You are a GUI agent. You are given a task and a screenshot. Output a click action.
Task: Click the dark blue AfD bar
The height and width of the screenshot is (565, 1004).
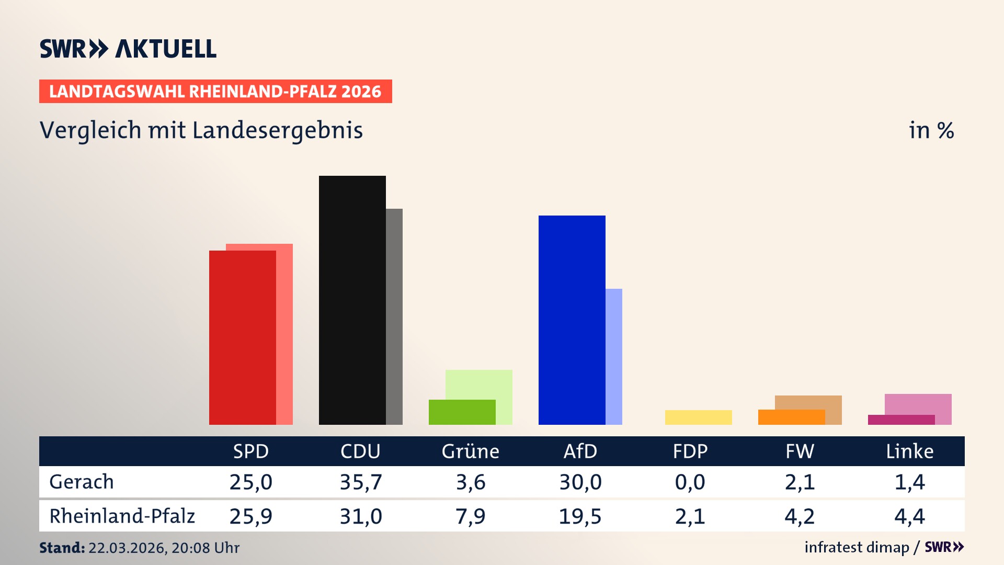click(572, 320)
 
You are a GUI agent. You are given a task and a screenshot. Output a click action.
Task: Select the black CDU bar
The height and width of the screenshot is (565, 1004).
click(352, 300)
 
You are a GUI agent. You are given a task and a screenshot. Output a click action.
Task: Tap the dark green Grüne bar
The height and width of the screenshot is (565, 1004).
click(462, 412)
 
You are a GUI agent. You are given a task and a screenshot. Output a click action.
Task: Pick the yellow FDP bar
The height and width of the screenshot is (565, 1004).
click(698, 417)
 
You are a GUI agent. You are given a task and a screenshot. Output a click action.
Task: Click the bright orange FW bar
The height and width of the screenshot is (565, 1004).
click(791, 417)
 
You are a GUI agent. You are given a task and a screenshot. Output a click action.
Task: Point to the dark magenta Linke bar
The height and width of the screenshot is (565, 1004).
click(901, 420)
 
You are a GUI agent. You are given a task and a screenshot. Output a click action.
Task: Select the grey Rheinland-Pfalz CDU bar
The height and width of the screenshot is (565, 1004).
click(394, 317)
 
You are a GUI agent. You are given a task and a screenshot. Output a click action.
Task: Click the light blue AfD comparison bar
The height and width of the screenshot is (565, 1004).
click(614, 356)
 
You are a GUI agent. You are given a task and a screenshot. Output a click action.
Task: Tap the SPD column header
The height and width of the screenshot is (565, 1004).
click(250, 451)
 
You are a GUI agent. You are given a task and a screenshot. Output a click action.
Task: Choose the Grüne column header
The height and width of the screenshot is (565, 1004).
click(470, 451)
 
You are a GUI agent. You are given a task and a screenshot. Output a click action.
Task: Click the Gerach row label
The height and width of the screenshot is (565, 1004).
click(82, 482)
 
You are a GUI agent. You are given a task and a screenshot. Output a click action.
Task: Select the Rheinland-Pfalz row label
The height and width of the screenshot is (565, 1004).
click(122, 516)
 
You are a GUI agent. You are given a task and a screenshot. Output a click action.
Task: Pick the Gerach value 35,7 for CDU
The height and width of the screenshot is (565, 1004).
click(361, 482)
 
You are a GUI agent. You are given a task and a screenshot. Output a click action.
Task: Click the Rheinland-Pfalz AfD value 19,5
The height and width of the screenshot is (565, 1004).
click(580, 516)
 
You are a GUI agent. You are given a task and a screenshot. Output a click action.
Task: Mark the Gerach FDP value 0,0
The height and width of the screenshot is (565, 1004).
click(690, 482)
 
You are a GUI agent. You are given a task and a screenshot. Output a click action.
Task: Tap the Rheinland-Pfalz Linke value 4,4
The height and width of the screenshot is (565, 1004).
click(909, 516)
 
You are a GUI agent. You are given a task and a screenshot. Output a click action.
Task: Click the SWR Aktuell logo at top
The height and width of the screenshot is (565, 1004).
click(128, 49)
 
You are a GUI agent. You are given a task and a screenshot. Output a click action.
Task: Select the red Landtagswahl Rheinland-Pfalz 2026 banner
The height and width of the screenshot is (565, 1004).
click(215, 91)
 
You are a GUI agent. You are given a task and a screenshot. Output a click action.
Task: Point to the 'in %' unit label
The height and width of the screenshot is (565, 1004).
click(931, 130)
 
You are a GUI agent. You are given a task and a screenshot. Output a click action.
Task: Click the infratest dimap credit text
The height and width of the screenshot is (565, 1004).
click(857, 547)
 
